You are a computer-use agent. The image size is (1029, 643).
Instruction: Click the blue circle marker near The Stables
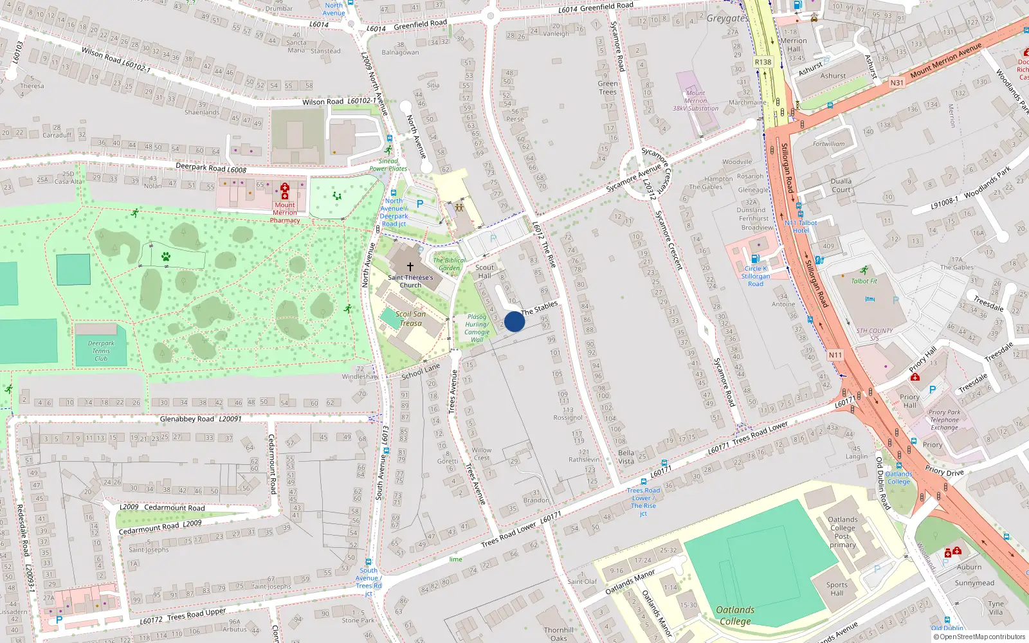[514, 321]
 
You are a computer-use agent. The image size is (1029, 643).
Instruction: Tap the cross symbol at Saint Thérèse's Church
[410, 266]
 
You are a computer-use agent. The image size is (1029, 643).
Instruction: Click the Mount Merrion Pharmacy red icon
[285, 190]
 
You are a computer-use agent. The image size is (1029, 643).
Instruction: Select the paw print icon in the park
[166, 257]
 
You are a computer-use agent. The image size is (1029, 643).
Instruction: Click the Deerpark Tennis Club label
[101, 351]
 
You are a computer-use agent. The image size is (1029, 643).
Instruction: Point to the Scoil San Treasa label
[410, 318]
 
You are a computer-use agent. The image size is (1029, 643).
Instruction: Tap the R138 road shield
[763, 62]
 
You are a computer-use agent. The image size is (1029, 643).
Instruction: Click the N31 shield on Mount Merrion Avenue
[897, 82]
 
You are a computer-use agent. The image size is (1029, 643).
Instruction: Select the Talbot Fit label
[864, 281]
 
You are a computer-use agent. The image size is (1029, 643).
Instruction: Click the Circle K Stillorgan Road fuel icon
[755, 258]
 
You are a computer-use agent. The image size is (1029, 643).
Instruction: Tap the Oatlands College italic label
[735, 615]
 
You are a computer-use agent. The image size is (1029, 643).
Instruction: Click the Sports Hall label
[836, 588]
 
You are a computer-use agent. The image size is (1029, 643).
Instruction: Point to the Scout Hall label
[484, 271]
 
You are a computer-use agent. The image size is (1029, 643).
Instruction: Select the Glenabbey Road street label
[188, 419]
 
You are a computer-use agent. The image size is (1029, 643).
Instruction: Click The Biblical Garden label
[450, 264]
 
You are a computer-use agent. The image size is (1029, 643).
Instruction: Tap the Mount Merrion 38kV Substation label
[695, 101]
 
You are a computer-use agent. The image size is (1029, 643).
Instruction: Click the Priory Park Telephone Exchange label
[944, 420]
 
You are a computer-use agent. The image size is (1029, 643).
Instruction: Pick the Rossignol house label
[568, 417]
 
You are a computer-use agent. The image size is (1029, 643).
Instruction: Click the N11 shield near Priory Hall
[835, 355]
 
